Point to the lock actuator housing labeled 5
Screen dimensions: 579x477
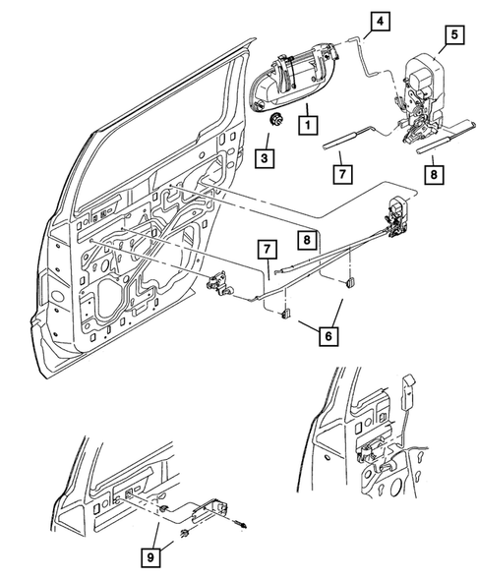(426, 78)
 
